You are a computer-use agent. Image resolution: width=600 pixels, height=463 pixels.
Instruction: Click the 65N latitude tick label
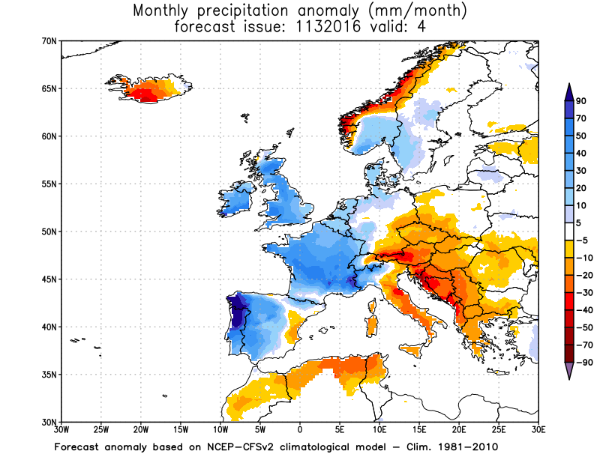[49, 88]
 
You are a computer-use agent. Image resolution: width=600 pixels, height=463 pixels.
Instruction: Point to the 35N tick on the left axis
[49, 375]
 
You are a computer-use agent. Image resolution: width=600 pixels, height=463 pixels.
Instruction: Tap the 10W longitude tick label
[220, 430]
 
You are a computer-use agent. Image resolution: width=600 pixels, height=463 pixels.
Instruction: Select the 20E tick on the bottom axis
[459, 430]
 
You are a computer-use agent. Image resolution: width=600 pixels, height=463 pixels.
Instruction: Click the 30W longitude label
[61, 430]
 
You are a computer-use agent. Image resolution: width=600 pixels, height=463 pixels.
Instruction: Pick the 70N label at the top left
[49, 41]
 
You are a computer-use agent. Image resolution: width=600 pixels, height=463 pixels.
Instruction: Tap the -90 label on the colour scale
[581, 363]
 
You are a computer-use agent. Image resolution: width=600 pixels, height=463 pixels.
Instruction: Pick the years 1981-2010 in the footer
[468, 447]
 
